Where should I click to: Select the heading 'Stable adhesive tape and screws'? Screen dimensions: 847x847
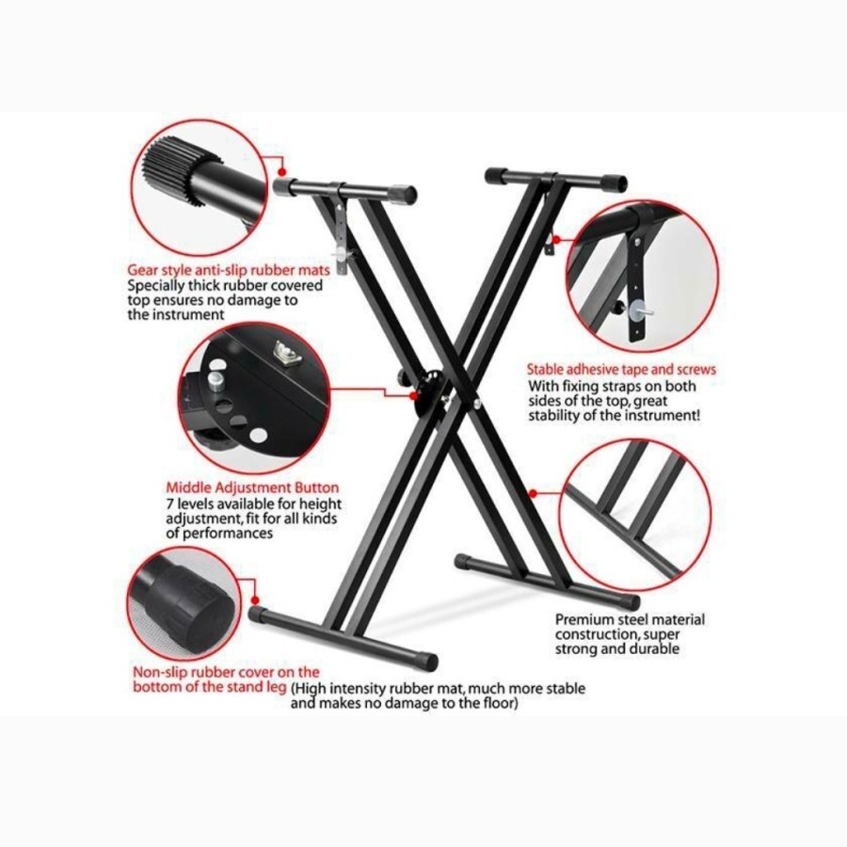(x=621, y=370)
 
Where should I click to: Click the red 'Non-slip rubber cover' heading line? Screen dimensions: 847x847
(x=226, y=672)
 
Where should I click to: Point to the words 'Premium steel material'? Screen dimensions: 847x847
(x=630, y=619)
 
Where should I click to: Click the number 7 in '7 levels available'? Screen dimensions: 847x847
(x=170, y=503)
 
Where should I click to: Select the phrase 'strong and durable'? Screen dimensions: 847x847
(x=616, y=649)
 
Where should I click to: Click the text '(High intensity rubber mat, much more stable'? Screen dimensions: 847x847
(x=438, y=689)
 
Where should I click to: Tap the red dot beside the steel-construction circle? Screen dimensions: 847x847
(x=533, y=491)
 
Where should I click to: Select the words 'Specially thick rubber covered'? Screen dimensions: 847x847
(x=226, y=284)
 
